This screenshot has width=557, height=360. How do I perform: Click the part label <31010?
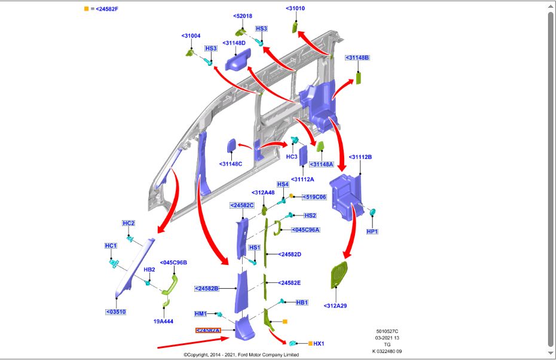pos(296,8)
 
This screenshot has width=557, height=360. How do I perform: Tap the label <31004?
pos(191,36)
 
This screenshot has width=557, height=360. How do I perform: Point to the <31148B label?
pos(357,58)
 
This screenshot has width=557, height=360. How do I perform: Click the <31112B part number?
pos(360,157)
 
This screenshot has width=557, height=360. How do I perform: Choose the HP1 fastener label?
pos(372,231)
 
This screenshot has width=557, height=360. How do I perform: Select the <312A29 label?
pos(335,306)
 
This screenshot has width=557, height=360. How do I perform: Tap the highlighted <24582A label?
pos(208,330)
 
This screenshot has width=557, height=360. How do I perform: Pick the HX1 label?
pos(319,344)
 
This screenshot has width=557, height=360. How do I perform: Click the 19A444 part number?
pos(163,321)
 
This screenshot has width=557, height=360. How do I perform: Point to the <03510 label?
pos(116,312)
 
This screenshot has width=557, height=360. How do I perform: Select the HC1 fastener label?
pos(111,246)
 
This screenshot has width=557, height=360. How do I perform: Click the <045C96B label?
pos(173,263)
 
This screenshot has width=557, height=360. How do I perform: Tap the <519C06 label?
pos(314,197)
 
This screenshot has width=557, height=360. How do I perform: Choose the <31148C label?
pos(231,164)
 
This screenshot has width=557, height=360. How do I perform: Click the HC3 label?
pos(292,157)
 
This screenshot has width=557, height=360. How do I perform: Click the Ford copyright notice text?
pos(241,355)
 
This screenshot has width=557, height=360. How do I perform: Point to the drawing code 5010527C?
pos(387,331)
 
